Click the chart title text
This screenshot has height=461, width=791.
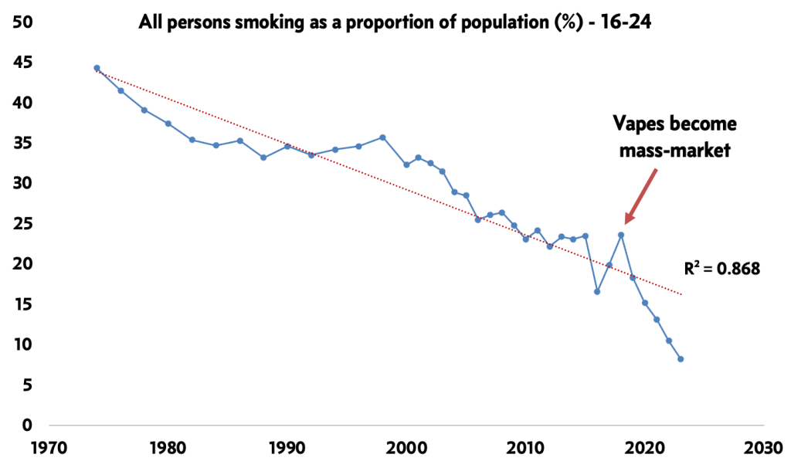tap(394, 22)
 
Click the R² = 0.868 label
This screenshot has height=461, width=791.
tap(721, 269)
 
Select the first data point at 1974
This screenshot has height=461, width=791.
tap(97, 68)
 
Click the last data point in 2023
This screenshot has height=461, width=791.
tap(681, 359)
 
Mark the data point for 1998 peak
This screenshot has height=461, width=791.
tap(382, 137)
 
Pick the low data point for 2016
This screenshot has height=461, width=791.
tap(597, 292)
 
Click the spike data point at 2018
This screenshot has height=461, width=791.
tap(621, 235)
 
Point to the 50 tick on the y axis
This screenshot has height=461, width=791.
tap(23, 22)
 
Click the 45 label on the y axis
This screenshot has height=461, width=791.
tap(23, 63)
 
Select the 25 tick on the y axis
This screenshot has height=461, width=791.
tap(23, 224)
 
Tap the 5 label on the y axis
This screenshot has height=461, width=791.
tap(28, 385)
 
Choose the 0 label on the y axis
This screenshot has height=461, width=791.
tap(28, 425)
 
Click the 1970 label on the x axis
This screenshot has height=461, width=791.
tap(49, 449)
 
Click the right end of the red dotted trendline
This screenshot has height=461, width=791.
tap(681, 294)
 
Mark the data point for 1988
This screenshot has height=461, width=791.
tap(263, 158)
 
